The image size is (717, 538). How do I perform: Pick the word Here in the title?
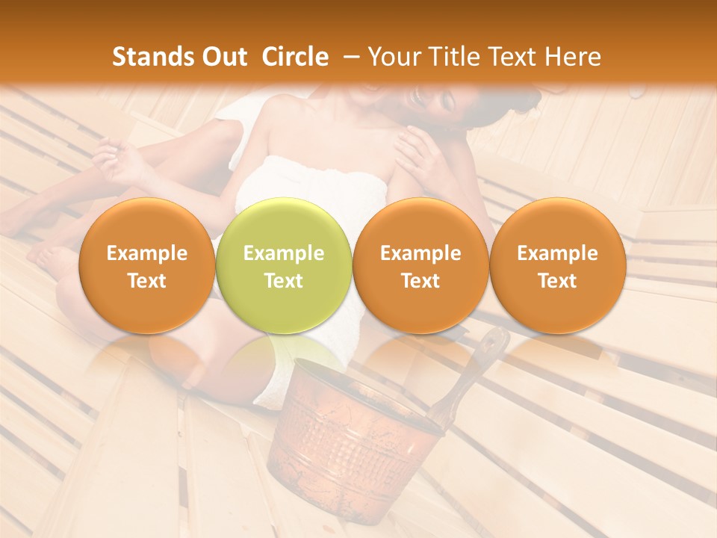tap(573, 57)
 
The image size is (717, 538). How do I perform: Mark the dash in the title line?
tap(348, 57)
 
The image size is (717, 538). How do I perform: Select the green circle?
tap(283, 266)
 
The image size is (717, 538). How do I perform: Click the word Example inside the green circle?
tap(283, 253)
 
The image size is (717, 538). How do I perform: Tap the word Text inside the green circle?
tap(283, 281)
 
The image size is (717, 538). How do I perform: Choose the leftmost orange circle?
tap(146, 266)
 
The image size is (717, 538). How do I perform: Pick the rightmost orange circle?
tap(557, 266)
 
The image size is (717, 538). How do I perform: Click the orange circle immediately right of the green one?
tap(420, 266)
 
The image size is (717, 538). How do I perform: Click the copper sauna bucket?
tap(351, 441)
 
